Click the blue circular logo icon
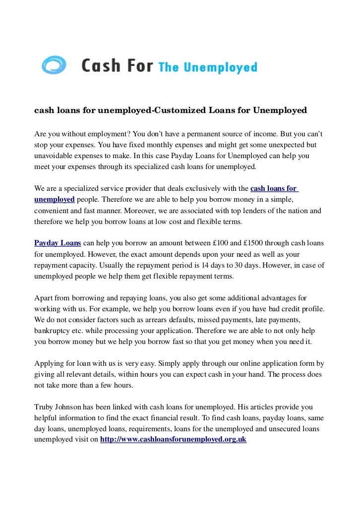(x=54, y=65)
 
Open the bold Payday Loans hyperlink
(x=57, y=243)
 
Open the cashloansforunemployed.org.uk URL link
(x=173, y=439)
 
